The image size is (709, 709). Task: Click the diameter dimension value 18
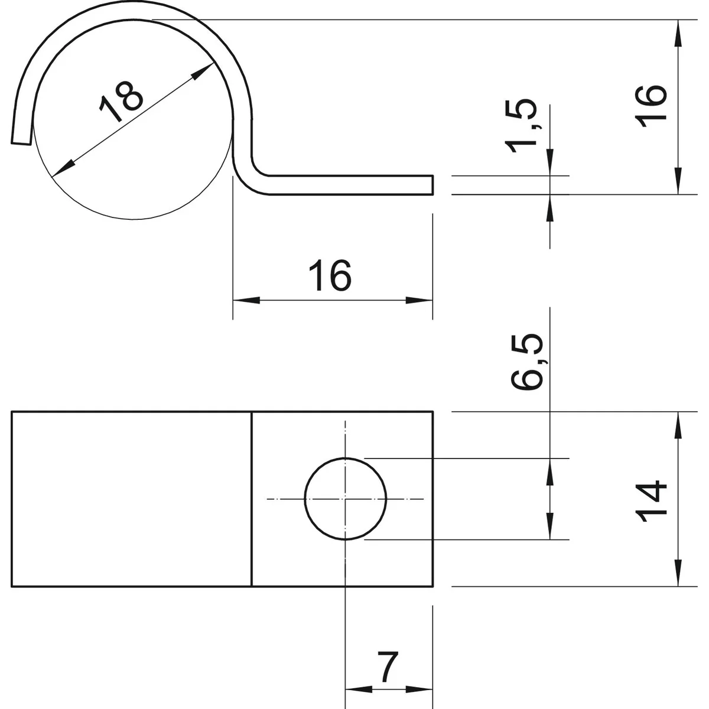tap(122, 100)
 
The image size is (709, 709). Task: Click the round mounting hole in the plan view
tap(346, 499)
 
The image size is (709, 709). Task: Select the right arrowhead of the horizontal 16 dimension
tap(420, 300)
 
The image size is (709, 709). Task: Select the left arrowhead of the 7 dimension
tap(357, 689)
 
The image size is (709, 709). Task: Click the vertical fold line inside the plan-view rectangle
tap(252, 499)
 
